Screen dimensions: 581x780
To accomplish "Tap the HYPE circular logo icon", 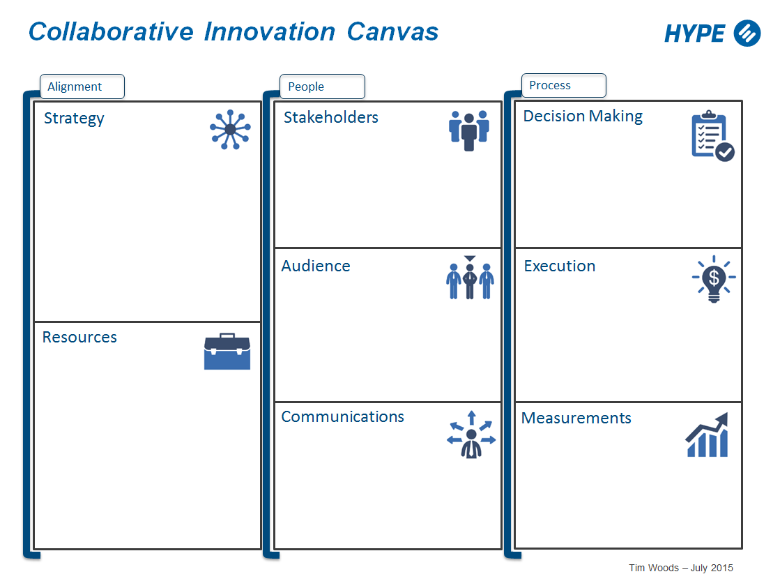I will coord(747,33).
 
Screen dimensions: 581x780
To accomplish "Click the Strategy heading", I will coord(74,118).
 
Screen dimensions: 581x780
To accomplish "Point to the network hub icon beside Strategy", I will coord(230,129).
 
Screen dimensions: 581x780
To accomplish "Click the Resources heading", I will coord(79,337).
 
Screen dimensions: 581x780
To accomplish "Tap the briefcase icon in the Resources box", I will coord(227,352).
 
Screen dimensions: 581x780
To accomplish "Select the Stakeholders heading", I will coord(330,117).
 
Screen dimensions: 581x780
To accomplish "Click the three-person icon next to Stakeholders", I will coord(469,130).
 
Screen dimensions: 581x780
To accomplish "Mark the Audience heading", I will coord(316,266).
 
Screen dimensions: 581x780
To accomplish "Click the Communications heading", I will coord(342,416).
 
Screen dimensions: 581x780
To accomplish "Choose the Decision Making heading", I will coord(583,116).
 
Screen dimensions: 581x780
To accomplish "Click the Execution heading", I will coord(560,266).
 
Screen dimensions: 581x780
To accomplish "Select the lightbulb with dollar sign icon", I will coord(713,280).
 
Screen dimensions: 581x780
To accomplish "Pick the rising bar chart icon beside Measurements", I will coord(708,435).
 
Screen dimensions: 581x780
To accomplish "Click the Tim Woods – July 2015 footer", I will coord(680,568).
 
